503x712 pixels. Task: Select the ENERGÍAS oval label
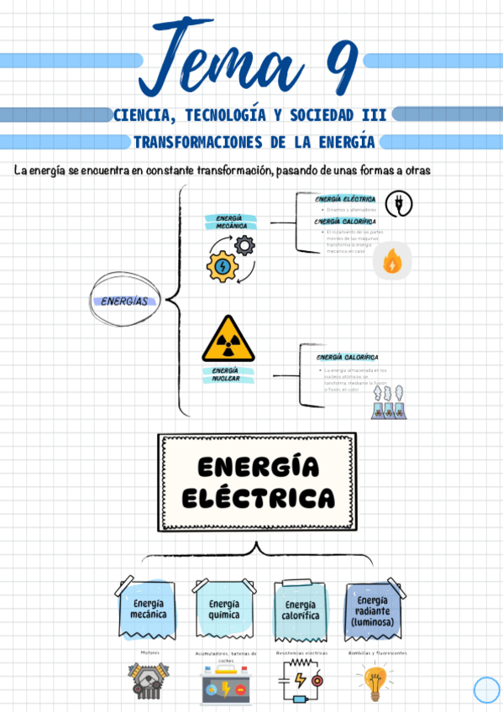click(124, 301)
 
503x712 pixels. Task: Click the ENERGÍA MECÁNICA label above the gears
click(223, 222)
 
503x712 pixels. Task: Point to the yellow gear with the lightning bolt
click(222, 266)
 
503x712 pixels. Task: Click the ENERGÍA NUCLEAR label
click(224, 374)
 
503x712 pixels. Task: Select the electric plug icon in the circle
click(398, 204)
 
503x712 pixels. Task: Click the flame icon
click(391, 262)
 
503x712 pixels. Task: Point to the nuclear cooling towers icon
click(389, 403)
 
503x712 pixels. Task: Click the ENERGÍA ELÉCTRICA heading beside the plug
click(345, 199)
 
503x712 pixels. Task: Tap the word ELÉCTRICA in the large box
click(258, 499)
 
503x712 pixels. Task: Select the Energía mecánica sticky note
click(147, 609)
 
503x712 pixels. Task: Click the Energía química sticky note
click(224, 609)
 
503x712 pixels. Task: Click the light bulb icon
click(375, 682)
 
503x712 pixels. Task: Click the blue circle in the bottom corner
click(486, 689)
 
